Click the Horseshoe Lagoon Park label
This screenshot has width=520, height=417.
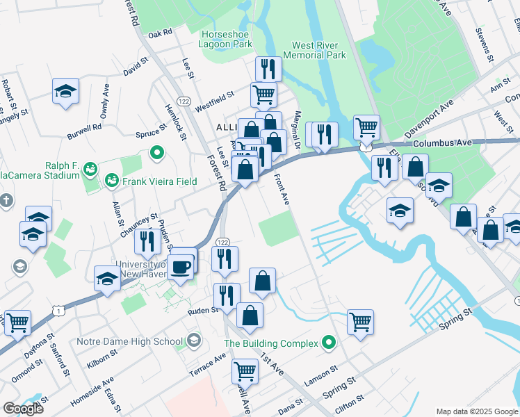pyautogui.click(x=227, y=39)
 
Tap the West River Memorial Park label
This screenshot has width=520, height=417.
pyautogui.click(x=314, y=50)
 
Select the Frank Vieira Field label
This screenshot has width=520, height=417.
pyautogui.click(x=161, y=182)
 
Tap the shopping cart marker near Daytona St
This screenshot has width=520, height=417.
pyautogui.click(x=17, y=322)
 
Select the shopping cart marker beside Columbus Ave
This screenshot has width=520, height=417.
pyautogui.click(x=366, y=127)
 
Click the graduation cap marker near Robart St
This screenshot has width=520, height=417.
pyautogui.click(x=65, y=91)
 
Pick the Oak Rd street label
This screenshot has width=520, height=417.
pyautogui.click(x=159, y=33)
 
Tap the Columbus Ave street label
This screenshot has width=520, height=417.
pyautogui.click(x=441, y=142)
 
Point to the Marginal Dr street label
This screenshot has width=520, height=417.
pyautogui.click(x=297, y=130)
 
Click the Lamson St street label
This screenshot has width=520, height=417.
pyautogui.click(x=320, y=373)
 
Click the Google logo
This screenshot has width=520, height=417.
pyautogui.click(x=23, y=409)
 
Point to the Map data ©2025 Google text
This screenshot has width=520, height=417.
pyautogui.click(x=476, y=411)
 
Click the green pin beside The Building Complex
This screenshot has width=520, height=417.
pyautogui.click(x=330, y=343)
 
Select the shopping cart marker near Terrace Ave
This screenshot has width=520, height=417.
pyautogui.click(x=245, y=372)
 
